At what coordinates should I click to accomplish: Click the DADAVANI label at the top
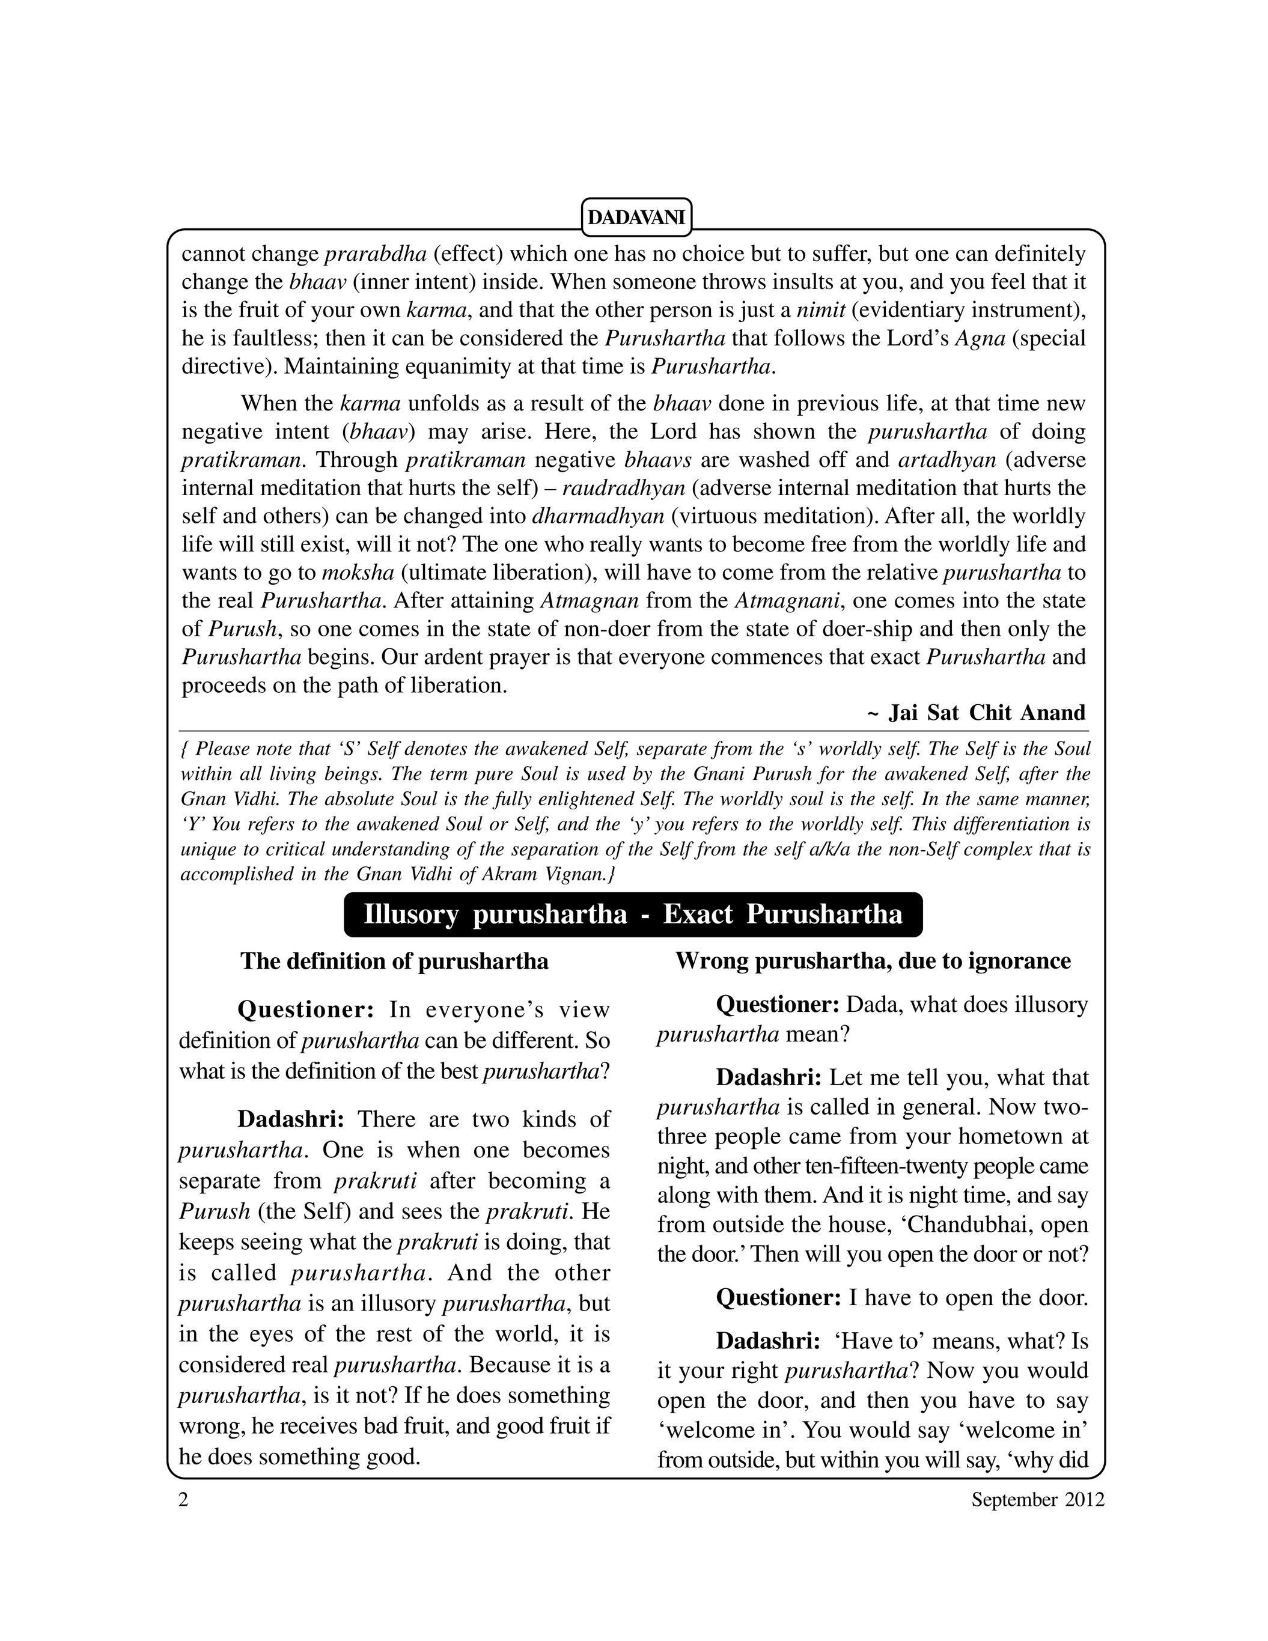click(636, 218)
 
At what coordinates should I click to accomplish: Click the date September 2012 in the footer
click(1037, 1520)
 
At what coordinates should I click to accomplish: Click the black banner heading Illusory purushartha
click(633, 915)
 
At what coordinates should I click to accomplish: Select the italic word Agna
click(980, 338)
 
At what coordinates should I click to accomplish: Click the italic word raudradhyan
click(624, 489)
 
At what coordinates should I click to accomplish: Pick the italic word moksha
click(358, 573)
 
